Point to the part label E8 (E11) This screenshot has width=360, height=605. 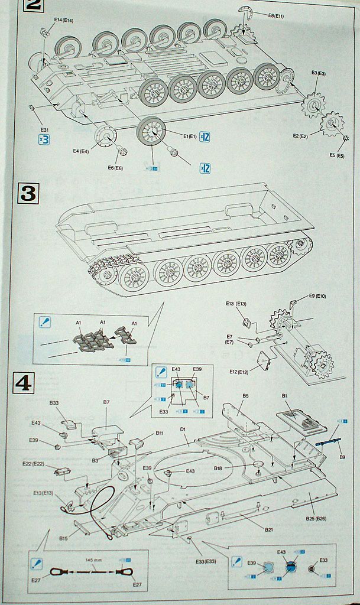pyautogui.click(x=275, y=15)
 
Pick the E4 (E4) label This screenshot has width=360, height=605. pyautogui.click(x=81, y=151)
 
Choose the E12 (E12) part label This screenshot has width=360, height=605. pyautogui.click(x=241, y=372)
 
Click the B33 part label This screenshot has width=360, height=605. pyautogui.click(x=54, y=403)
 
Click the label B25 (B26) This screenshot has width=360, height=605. pyautogui.click(x=318, y=518)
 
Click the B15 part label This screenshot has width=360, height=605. pyautogui.click(x=63, y=538)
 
